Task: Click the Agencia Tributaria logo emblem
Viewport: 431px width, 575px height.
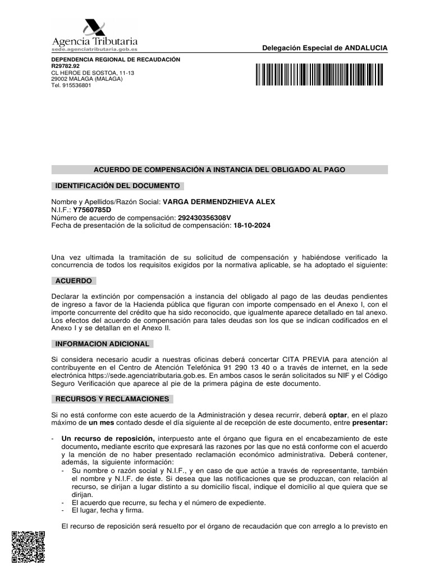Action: (x=94, y=28)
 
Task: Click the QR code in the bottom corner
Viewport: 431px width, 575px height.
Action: (x=27, y=547)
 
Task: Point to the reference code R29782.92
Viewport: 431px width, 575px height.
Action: (x=66, y=66)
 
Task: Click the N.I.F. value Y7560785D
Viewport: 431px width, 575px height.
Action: (x=92, y=209)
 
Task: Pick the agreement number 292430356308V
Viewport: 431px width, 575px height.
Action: (x=196, y=217)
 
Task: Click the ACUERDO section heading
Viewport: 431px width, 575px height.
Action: (x=74, y=281)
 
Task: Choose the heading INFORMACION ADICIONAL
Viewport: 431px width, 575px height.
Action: (x=102, y=344)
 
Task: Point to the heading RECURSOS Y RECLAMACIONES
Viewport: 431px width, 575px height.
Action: (x=112, y=399)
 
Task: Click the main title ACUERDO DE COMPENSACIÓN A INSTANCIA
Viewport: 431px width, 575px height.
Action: (x=219, y=170)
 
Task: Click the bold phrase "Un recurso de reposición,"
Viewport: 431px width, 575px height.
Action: (x=108, y=438)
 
